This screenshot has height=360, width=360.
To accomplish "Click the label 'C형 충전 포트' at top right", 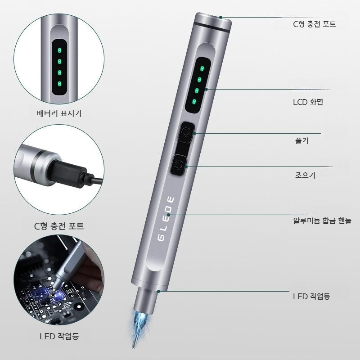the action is (x=314, y=24).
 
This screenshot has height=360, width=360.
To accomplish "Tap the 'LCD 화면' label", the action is (x=308, y=102).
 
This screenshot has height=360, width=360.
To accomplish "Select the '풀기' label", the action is (x=301, y=140).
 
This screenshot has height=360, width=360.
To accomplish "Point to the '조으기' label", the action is (x=305, y=175).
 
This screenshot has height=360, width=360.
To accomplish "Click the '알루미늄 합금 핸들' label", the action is (x=322, y=220).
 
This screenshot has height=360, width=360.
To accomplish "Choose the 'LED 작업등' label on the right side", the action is (x=311, y=296).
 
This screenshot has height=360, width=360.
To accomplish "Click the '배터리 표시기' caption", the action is (x=59, y=113).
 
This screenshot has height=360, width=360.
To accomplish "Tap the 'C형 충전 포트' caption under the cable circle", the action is (x=59, y=226).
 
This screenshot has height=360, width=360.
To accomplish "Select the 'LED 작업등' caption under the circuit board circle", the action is (x=59, y=336).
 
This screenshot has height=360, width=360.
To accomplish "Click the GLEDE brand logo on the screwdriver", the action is (x=166, y=218).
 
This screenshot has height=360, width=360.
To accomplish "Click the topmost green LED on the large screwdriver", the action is (x=202, y=68).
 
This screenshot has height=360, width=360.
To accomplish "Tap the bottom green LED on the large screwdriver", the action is (x=194, y=102).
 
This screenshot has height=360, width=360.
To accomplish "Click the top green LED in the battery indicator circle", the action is (x=59, y=50).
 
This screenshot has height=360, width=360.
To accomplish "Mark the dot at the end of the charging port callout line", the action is (x=220, y=17).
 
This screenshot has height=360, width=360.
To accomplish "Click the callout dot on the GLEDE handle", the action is (x=168, y=215).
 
